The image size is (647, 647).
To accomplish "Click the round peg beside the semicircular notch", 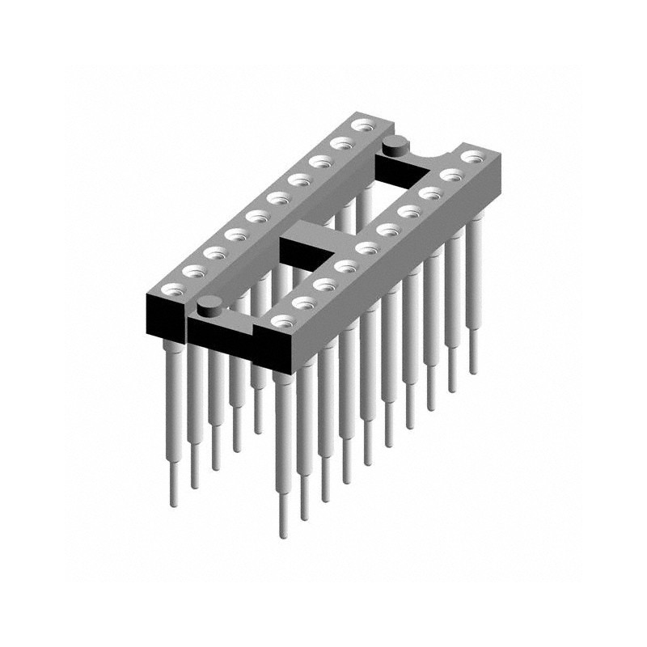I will pos(395,146).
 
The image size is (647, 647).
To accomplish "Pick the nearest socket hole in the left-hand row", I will pos(173,289).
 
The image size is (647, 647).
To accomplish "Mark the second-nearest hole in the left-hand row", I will pos(194,270).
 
